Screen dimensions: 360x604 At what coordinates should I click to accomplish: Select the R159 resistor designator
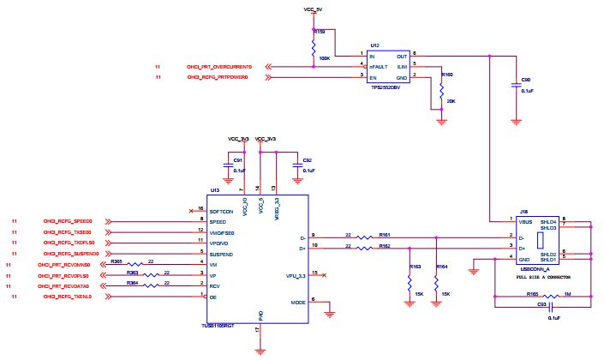click(319, 31)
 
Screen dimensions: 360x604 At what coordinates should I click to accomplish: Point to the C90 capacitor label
click(526, 80)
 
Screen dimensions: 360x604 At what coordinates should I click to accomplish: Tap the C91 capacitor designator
click(238, 159)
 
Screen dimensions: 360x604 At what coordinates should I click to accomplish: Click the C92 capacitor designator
click(307, 159)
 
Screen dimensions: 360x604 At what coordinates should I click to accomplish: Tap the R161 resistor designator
click(384, 234)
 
